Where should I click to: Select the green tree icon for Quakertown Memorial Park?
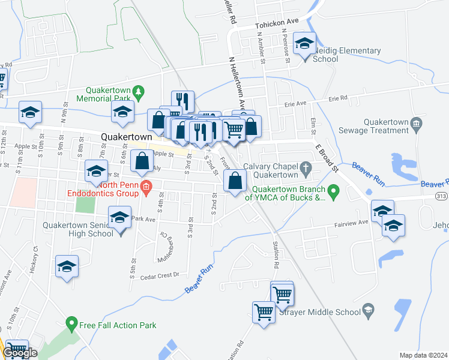tap(140, 91)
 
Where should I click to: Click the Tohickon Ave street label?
tap(276, 25)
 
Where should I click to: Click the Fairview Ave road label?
tap(351, 224)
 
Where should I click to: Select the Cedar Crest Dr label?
tap(160, 276)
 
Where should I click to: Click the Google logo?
tap(19, 353)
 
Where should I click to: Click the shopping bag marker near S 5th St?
tap(142, 161)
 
